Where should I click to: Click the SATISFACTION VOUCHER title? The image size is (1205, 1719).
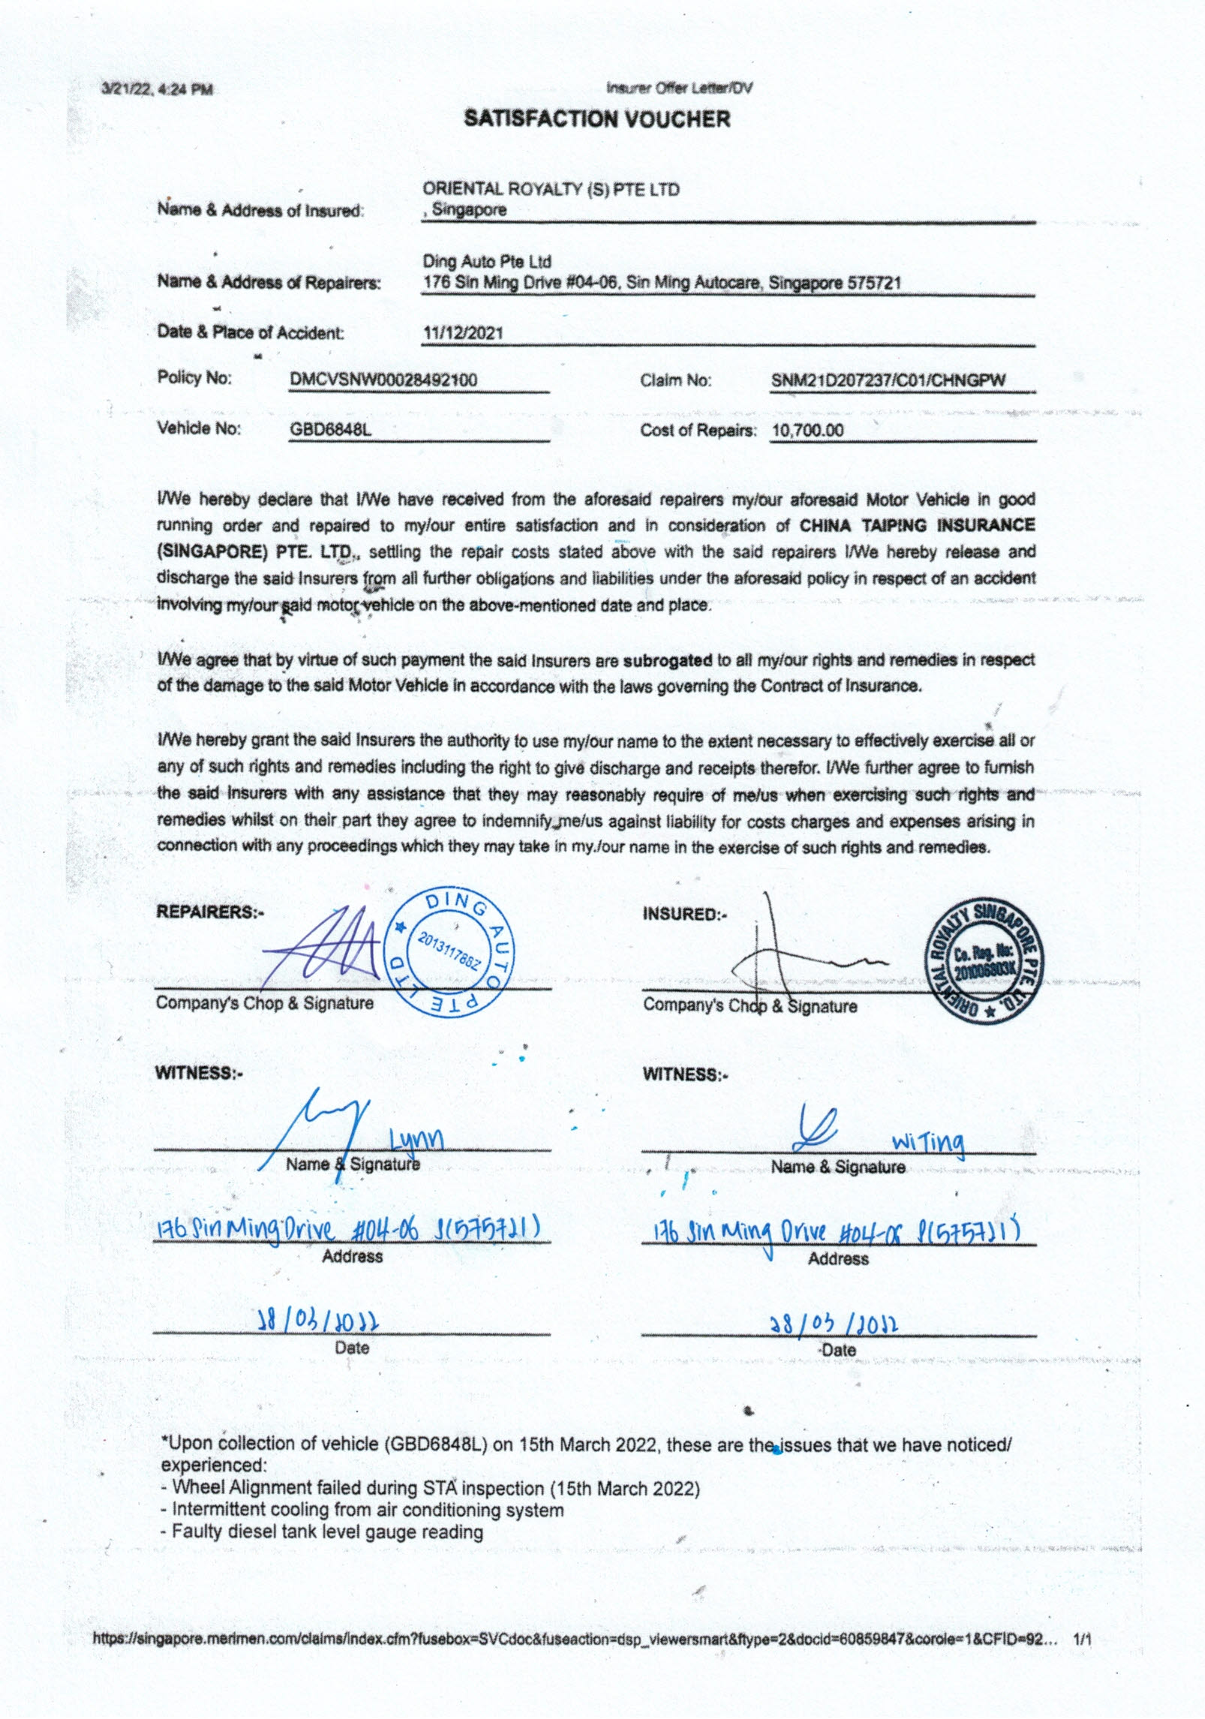click(x=596, y=119)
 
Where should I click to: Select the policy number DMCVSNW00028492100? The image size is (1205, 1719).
click(x=383, y=380)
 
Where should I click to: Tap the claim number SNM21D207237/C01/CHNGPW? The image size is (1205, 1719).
click(x=888, y=380)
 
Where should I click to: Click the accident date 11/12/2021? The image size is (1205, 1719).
click(x=462, y=333)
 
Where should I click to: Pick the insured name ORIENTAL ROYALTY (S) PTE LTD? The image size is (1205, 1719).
click(x=551, y=189)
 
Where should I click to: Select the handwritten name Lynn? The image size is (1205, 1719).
click(x=416, y=1139)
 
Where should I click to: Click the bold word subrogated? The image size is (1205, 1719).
click(x=667, y=661)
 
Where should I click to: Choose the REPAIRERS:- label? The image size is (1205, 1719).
click(x=210, y=912)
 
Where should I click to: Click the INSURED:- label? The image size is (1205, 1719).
click(x=685, y=914)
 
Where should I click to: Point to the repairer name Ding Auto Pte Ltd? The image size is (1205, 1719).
click(x=487, y=262)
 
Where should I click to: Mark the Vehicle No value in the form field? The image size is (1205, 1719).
click(x=330, y=431)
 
